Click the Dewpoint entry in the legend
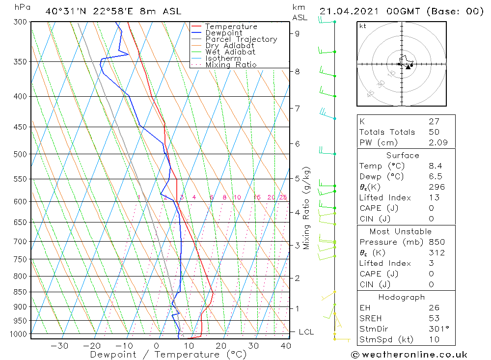[224, 33]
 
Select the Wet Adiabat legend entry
[230, 52]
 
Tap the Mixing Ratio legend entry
[231, 65]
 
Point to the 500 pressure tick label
[21, 154]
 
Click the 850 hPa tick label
[21, 292]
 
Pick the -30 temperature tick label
[59, 346]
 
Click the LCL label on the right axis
[306, 332]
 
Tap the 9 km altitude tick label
[298, 33]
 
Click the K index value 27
[434, 121]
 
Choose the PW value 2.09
[438, 143]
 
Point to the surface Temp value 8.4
[435, 166]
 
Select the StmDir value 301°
[438, 329]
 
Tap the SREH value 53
[434, 319]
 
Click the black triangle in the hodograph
[408, 67]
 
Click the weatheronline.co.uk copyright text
[409, 355]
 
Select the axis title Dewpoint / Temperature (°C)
[168, 355]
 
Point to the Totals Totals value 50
[434, 132]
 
